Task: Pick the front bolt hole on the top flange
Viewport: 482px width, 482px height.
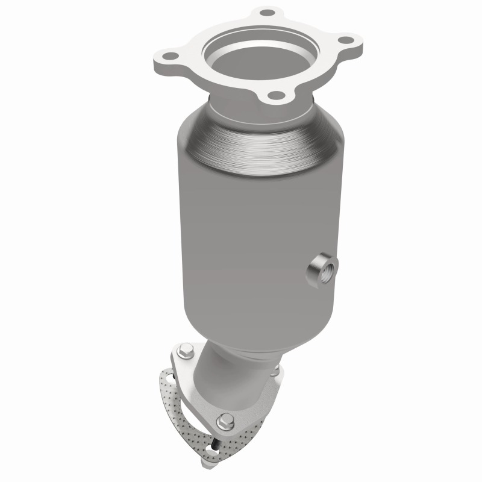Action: [274, 94]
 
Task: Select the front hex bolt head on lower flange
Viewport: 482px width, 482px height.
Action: [226, 420]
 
